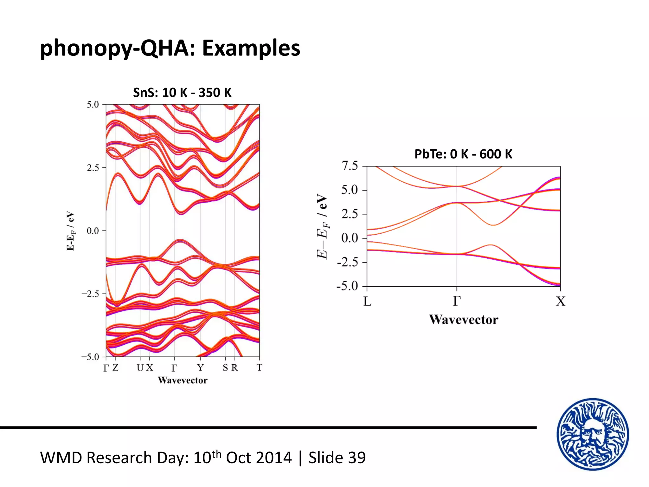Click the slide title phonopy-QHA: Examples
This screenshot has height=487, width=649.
pos(170,48)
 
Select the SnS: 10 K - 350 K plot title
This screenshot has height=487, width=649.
pos(182,93)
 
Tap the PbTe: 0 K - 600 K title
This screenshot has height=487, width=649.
pos(463,154)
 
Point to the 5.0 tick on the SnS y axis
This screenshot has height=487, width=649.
pos(93,105)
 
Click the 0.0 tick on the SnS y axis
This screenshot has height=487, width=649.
pos(93,231)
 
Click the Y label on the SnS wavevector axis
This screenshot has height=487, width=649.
pos(200,367)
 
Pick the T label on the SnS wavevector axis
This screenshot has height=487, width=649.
pos(259,367)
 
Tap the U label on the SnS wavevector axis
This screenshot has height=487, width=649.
pos(140,367)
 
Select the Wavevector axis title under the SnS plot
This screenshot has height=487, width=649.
pos(183,380)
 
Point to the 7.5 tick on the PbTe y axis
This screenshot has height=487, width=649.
pos(350,166)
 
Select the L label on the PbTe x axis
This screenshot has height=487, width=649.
pos(367,301)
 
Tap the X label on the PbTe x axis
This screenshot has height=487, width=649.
pos(560,301)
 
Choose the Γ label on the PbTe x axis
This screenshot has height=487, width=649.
pos(457,301)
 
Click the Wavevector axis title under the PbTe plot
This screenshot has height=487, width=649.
pos(463,320)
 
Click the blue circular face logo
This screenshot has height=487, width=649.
pos(593,434)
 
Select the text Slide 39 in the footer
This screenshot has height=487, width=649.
pos(337,458)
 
